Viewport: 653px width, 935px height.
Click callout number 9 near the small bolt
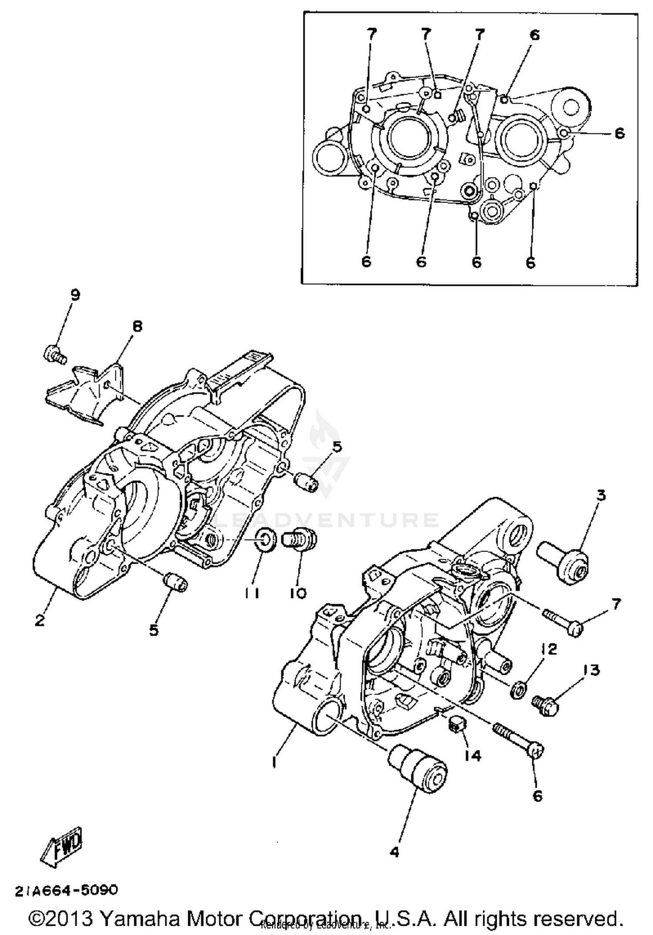[x=75, y=296]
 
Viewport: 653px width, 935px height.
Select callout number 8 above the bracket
[x=137, y=326]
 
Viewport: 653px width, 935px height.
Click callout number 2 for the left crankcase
[x=40, y=620]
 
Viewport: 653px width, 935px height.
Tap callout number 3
[x=601, y=495]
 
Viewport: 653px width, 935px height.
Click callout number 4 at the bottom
[x=394, y=852]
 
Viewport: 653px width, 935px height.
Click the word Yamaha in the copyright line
[x=140, y=918]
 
